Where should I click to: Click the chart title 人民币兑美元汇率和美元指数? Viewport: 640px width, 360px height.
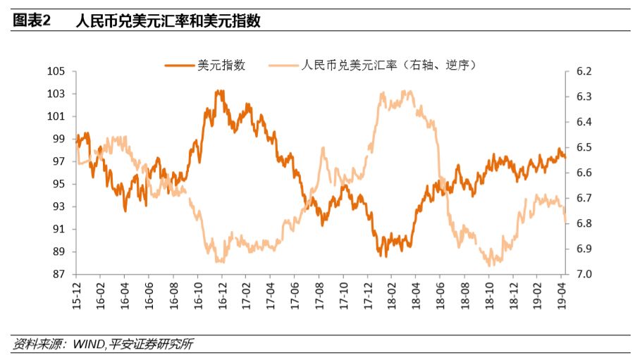point(168,21)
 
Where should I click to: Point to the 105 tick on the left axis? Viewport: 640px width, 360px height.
point(56,72)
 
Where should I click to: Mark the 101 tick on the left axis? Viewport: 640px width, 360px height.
point(56,117)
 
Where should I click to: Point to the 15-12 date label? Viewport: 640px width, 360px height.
point(76,292)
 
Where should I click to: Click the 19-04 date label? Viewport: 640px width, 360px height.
point(562,292)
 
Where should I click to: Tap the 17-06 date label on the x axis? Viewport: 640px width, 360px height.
point(295,292)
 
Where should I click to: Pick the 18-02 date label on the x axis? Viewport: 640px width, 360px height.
point(392,292)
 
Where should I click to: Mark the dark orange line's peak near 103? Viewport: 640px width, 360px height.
point(220,91)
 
